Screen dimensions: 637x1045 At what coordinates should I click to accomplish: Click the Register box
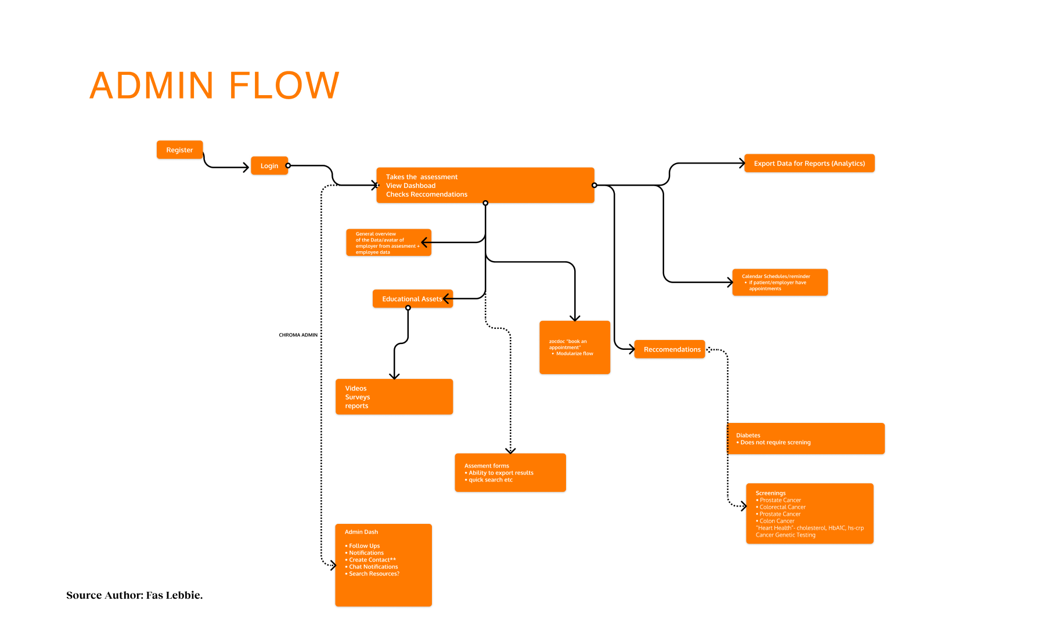[179, 150]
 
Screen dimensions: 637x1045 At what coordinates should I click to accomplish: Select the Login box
[269, 166]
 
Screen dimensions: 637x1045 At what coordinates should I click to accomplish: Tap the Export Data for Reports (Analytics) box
[809, 164]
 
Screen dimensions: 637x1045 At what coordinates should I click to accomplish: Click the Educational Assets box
[411, 299]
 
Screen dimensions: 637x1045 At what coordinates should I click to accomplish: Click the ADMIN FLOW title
[214, 85]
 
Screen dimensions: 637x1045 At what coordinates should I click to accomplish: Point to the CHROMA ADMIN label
[298, 335]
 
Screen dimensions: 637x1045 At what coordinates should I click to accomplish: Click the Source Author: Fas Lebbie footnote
[134, 595]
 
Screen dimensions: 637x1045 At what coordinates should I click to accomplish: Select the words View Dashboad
[410, 186]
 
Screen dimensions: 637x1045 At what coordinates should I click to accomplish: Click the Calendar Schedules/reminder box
[780, 283]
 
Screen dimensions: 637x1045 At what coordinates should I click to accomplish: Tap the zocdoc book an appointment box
[574, 348]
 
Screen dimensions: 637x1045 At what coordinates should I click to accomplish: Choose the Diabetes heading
[748, 435]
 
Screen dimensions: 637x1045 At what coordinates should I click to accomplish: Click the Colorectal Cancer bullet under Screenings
[782, 507]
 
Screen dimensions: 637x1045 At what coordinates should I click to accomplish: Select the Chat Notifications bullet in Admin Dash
[373, 567]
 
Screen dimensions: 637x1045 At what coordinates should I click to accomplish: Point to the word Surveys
[357, 397]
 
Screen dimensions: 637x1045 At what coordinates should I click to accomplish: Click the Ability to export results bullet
[500, 473]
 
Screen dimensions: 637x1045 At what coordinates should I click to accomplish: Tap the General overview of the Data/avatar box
[387, 243]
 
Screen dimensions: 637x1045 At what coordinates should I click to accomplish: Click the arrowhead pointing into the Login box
[246, 167]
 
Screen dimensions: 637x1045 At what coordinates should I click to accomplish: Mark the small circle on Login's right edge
[288, 166]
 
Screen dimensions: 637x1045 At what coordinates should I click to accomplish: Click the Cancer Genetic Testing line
[785, 535]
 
